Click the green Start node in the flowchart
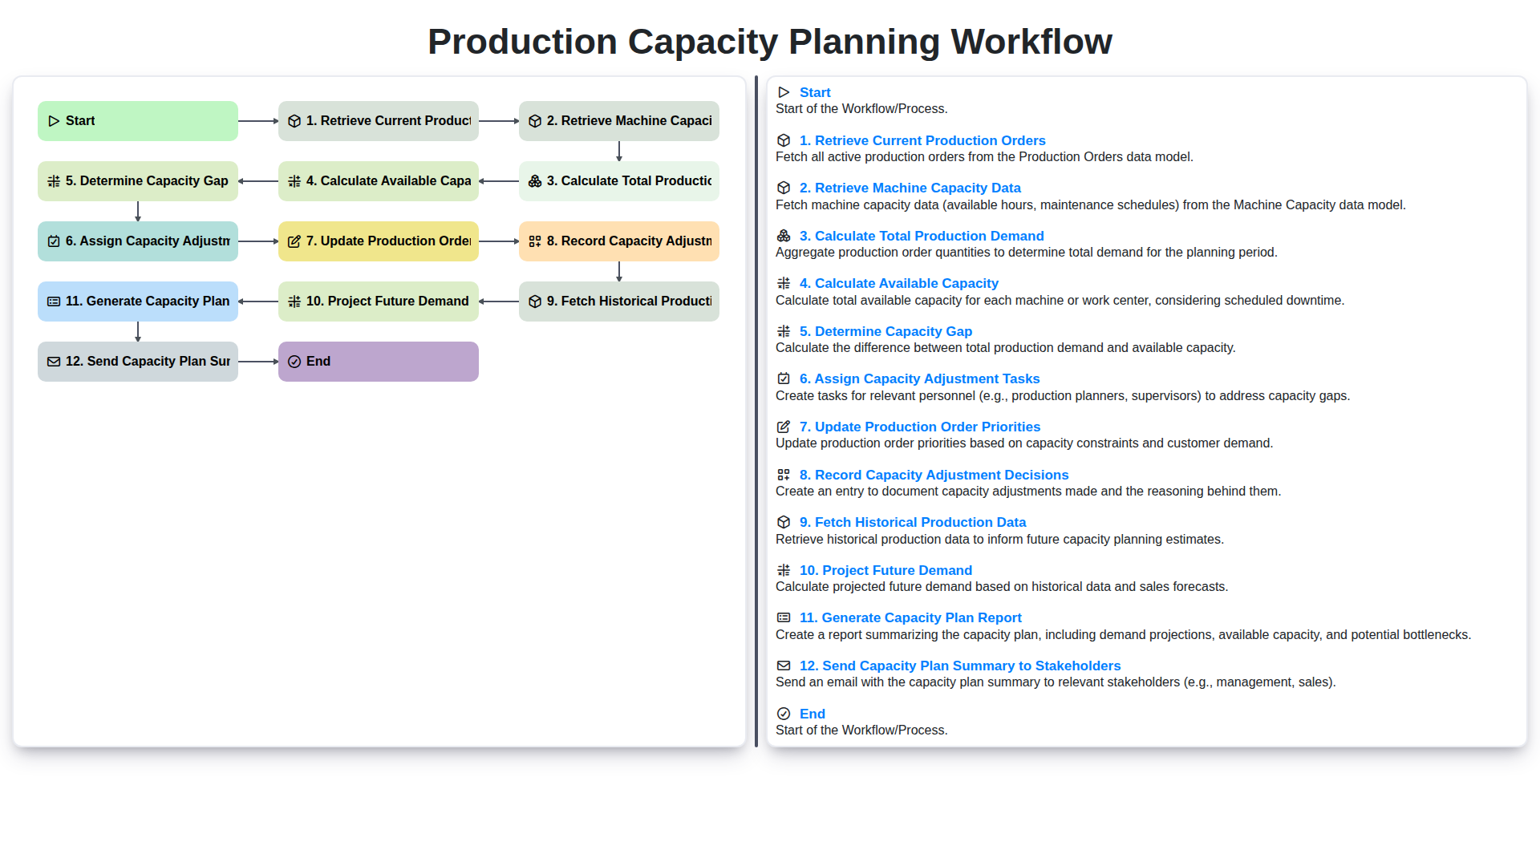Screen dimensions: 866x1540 (x=137, y=121)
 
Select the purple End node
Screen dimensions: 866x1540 (x=378, y=362)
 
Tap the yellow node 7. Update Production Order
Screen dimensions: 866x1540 (x=378, y=241)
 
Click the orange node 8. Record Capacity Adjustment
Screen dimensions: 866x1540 (x=618, y=241)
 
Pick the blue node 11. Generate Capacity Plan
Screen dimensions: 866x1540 (x=137, y=301)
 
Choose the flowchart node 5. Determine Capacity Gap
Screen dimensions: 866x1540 (x=137, y=181)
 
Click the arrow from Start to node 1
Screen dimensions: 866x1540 (x=257, y=121)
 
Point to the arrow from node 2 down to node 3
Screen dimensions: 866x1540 (x=618, y=151)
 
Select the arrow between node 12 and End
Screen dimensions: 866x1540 (x=257, y=362)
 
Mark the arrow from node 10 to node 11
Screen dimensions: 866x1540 (x=257, y=301)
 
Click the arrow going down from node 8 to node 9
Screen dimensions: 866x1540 (x=618, y=271)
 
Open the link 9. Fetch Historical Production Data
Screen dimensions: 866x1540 (x=912, y=523)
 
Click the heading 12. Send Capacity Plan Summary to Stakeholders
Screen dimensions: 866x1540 (x=959, y=666)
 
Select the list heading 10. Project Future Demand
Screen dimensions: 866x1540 (x=885, y=570)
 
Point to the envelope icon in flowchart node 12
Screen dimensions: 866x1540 (x=54, y=362)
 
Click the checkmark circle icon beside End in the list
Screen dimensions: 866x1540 (x=784, y=714)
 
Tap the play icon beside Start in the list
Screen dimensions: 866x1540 (x=784, y=92)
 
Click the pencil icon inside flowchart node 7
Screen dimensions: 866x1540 (x=294, y=241)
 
